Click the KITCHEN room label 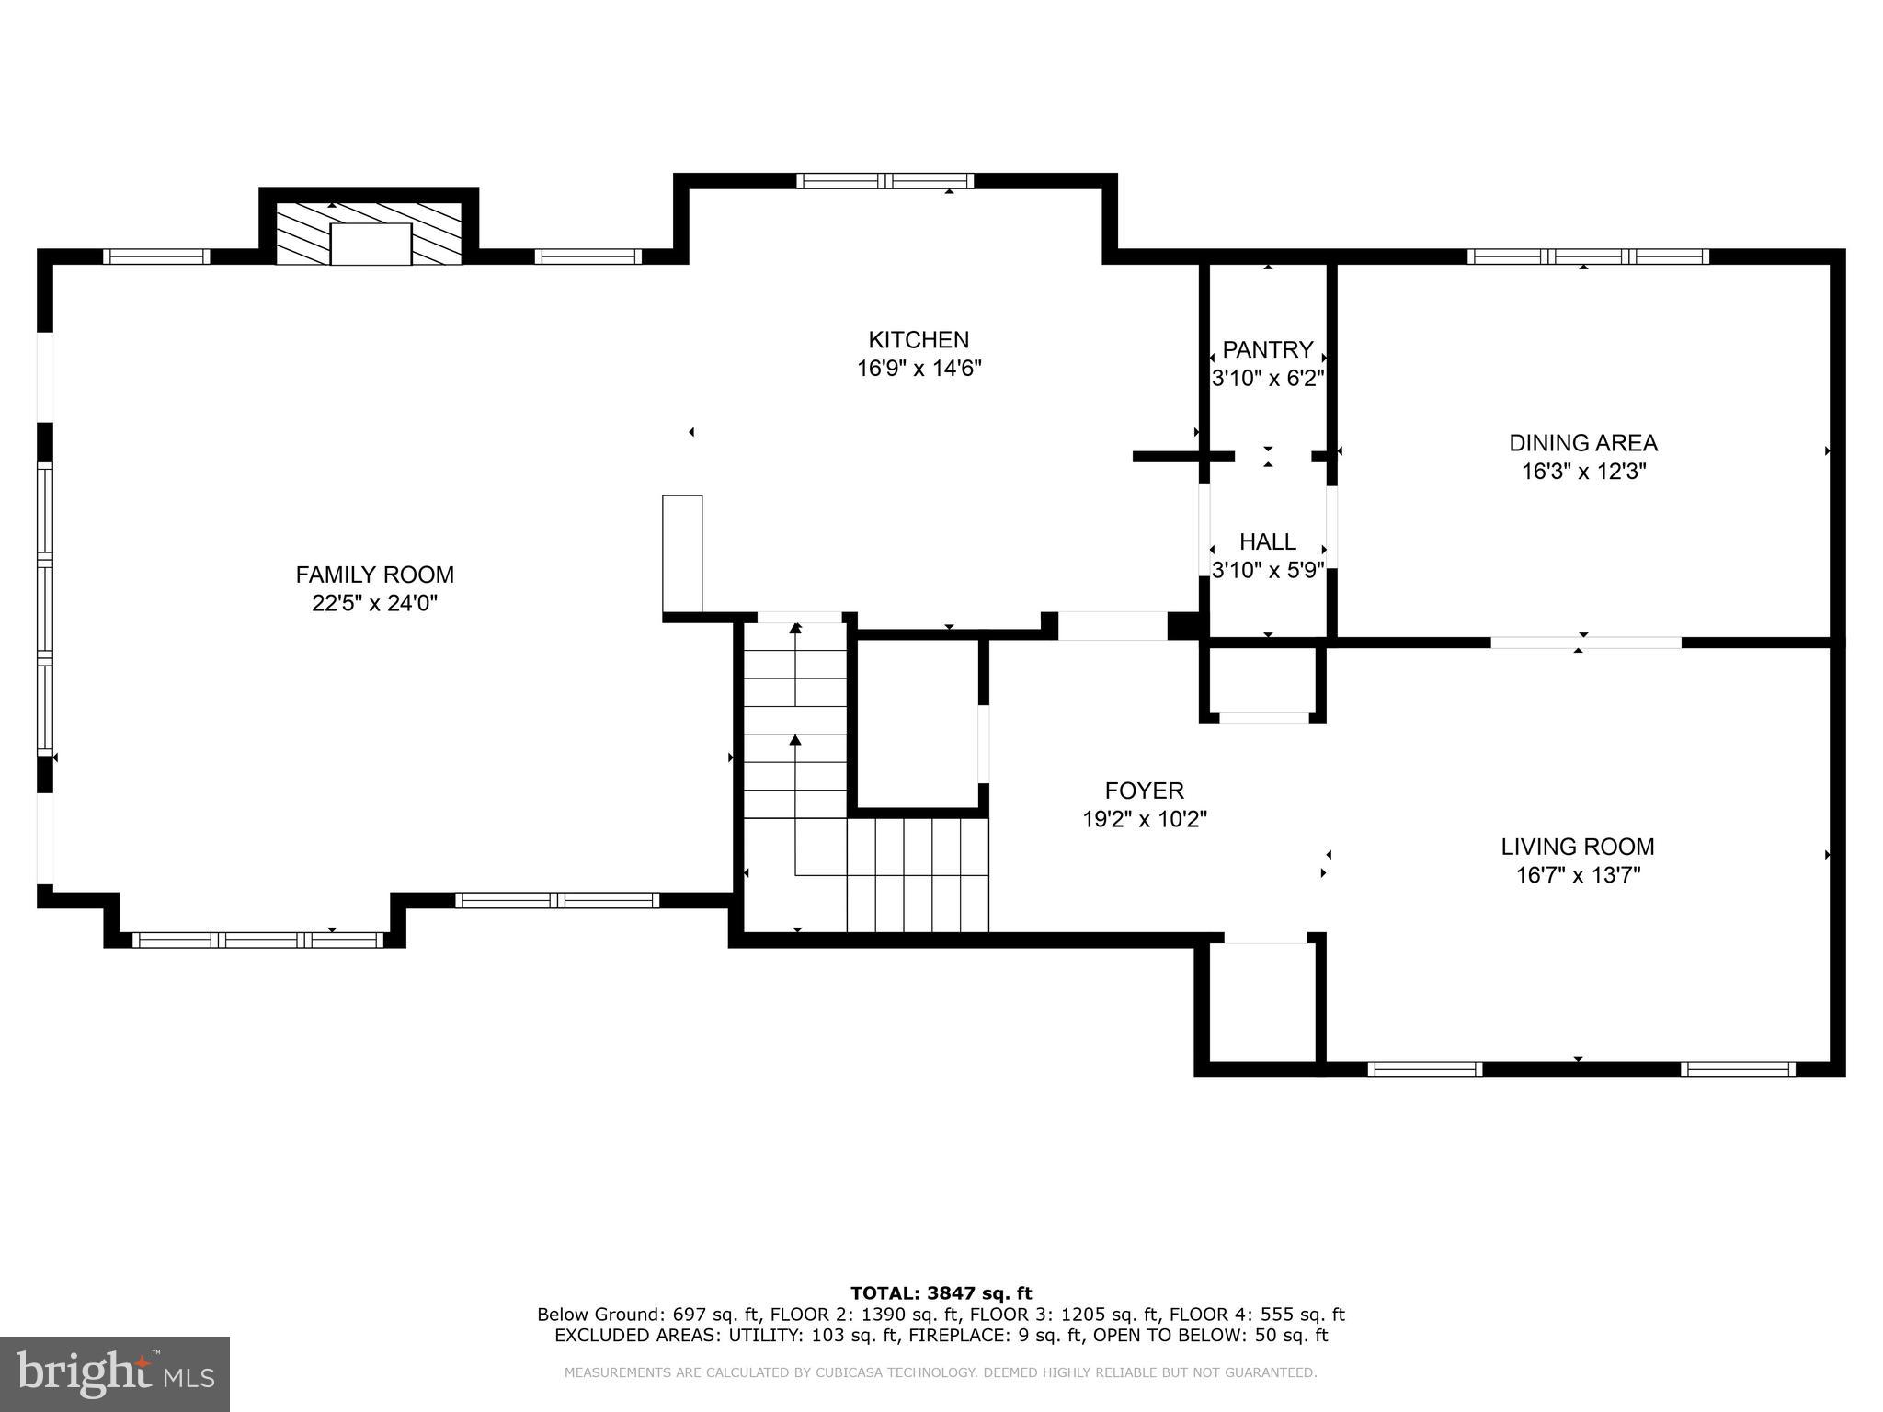[919, 340]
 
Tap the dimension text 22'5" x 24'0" [374, 604]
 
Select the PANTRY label [1267, 350]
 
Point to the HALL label [1267, 541]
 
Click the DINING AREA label [1582, 443]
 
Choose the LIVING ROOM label [1577, 847]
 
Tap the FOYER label [1144, 791]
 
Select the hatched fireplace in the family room [370, 234]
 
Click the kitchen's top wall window [884, 181]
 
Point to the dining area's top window [1588, 256]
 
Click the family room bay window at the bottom [257, 939]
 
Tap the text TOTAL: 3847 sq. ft [941, 1294]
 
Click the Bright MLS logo [115, 1374]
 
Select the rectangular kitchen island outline [682, 553]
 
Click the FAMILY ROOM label [374, 575]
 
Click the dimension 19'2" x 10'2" [1144, 819]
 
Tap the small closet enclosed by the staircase [918, 723]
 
